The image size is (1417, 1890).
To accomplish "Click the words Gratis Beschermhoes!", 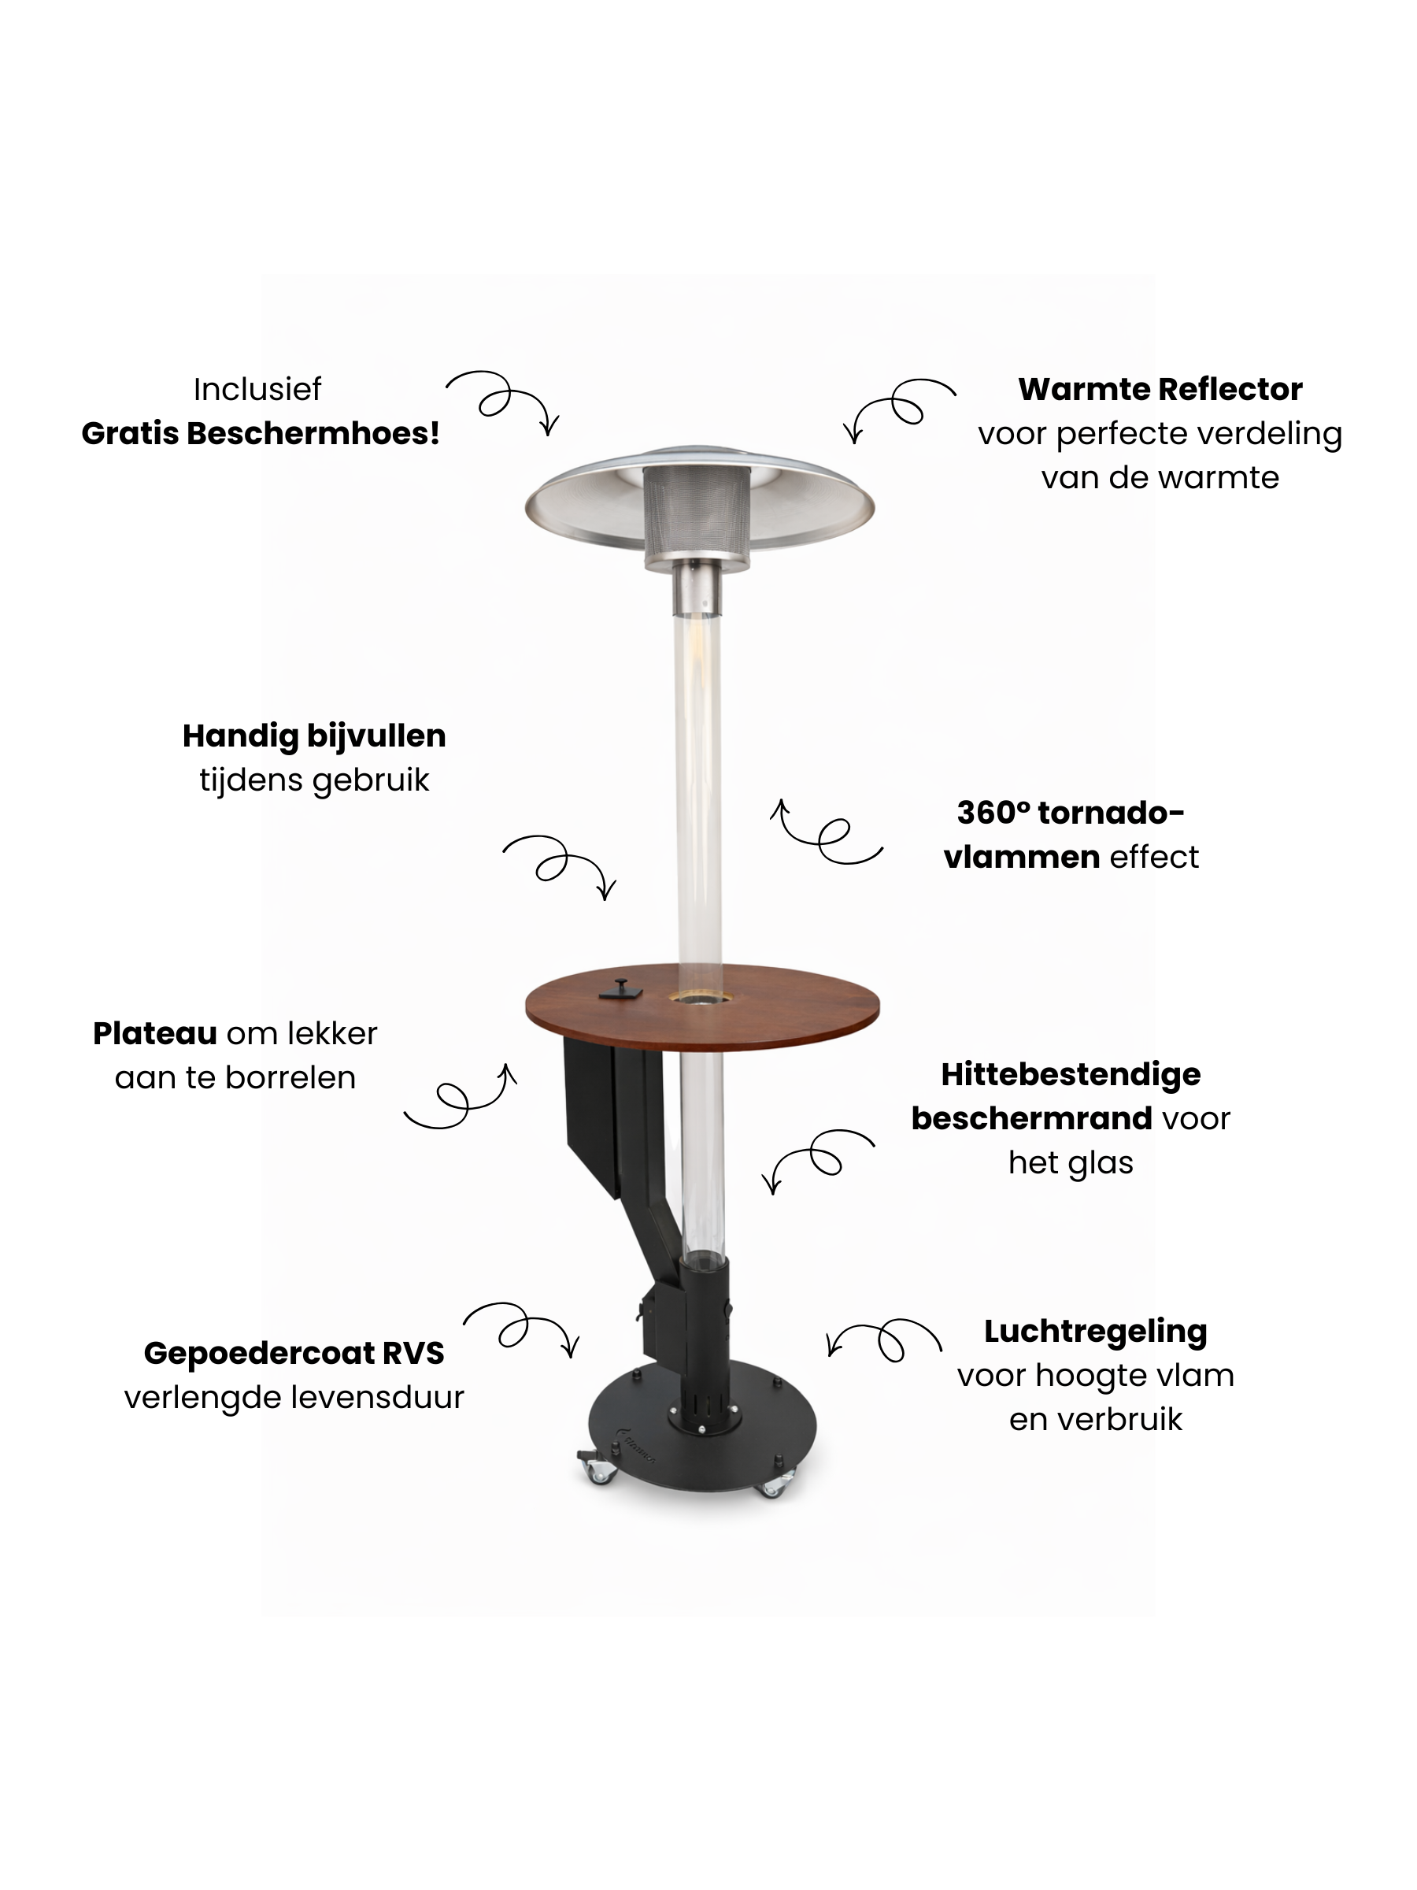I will [x=261, y=433].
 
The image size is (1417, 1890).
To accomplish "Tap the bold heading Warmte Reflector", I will [x=1159, y=390].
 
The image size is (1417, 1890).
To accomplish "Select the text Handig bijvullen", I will [x=313, y=736].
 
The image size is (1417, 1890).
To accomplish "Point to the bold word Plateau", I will [x=154, y=1033].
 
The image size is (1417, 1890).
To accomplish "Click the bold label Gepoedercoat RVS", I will [x=294, y=1353].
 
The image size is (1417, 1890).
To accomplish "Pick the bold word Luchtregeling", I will [x=1095, y=1331].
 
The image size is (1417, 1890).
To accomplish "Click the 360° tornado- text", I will [x=1070, y=813].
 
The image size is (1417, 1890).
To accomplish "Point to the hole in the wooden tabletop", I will [x=699, y=996].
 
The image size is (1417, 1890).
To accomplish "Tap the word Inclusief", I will [x=257, y=390].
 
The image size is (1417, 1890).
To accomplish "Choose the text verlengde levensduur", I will [x=294, y=1397].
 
